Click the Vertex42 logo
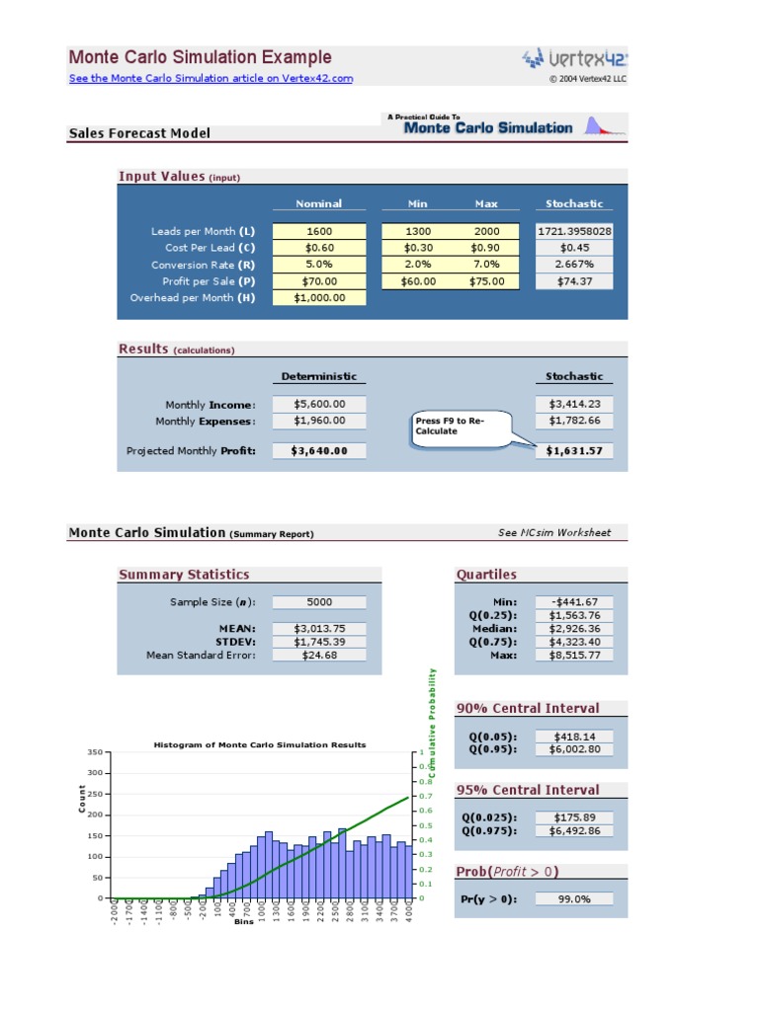[574, 58]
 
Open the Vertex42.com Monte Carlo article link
[211, 79]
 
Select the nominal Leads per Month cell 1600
[318, 231]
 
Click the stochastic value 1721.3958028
[574, 231]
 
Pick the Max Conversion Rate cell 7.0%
[485, 265]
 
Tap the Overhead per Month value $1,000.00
[318, 298]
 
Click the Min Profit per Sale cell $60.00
[417, 281]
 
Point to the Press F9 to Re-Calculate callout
[461, 427]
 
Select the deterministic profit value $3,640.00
[318, 451]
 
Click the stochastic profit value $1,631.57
[574, 451]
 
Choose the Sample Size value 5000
[318, 602]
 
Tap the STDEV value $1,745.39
[318, 641]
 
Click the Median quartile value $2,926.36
[574, 628]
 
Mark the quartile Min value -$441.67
[574, 602]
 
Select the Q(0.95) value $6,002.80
[574, 749]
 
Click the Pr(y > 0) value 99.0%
[574, 898]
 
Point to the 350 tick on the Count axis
[94, 752]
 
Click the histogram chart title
[260, 745]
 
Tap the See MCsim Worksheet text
[554, 533]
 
